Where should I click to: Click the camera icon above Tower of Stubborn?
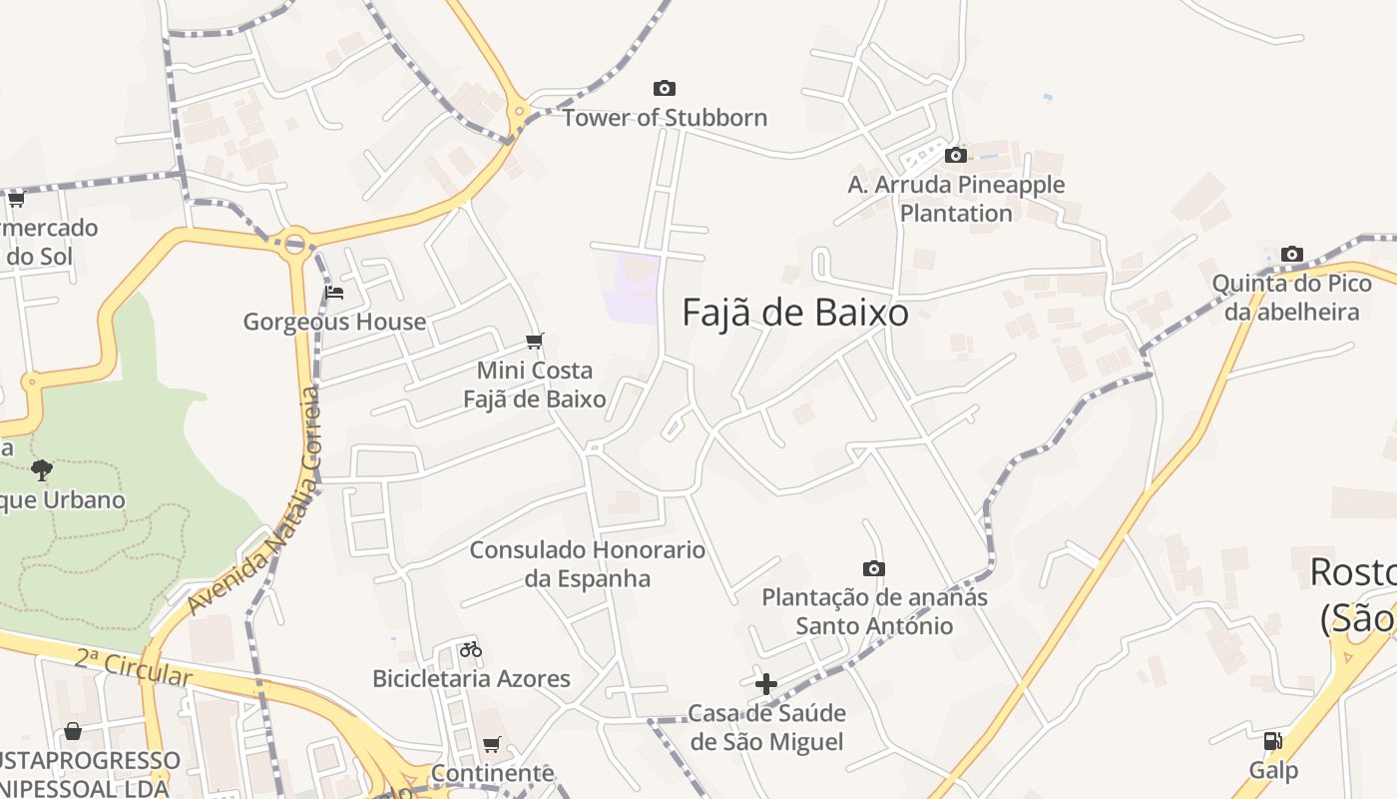664,89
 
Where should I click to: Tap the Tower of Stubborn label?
665,118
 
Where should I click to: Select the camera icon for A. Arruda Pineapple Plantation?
956,155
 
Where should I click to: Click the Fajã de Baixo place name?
795,313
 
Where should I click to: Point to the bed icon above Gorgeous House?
334,293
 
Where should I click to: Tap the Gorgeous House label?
334,322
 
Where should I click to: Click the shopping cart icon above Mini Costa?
535,342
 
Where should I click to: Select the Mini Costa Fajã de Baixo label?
535,385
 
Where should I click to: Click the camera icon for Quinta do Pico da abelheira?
1292,254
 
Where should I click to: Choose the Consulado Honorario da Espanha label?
588,563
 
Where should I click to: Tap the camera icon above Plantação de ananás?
874,568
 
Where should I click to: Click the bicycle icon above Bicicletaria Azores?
471,650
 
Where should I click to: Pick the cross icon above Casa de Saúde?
766,684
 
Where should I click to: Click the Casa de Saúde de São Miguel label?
766,727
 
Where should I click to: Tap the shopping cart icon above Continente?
492,744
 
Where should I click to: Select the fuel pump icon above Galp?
1272,741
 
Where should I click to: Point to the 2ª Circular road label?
133,667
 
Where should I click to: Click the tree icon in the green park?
42,469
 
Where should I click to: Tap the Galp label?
1273,770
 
